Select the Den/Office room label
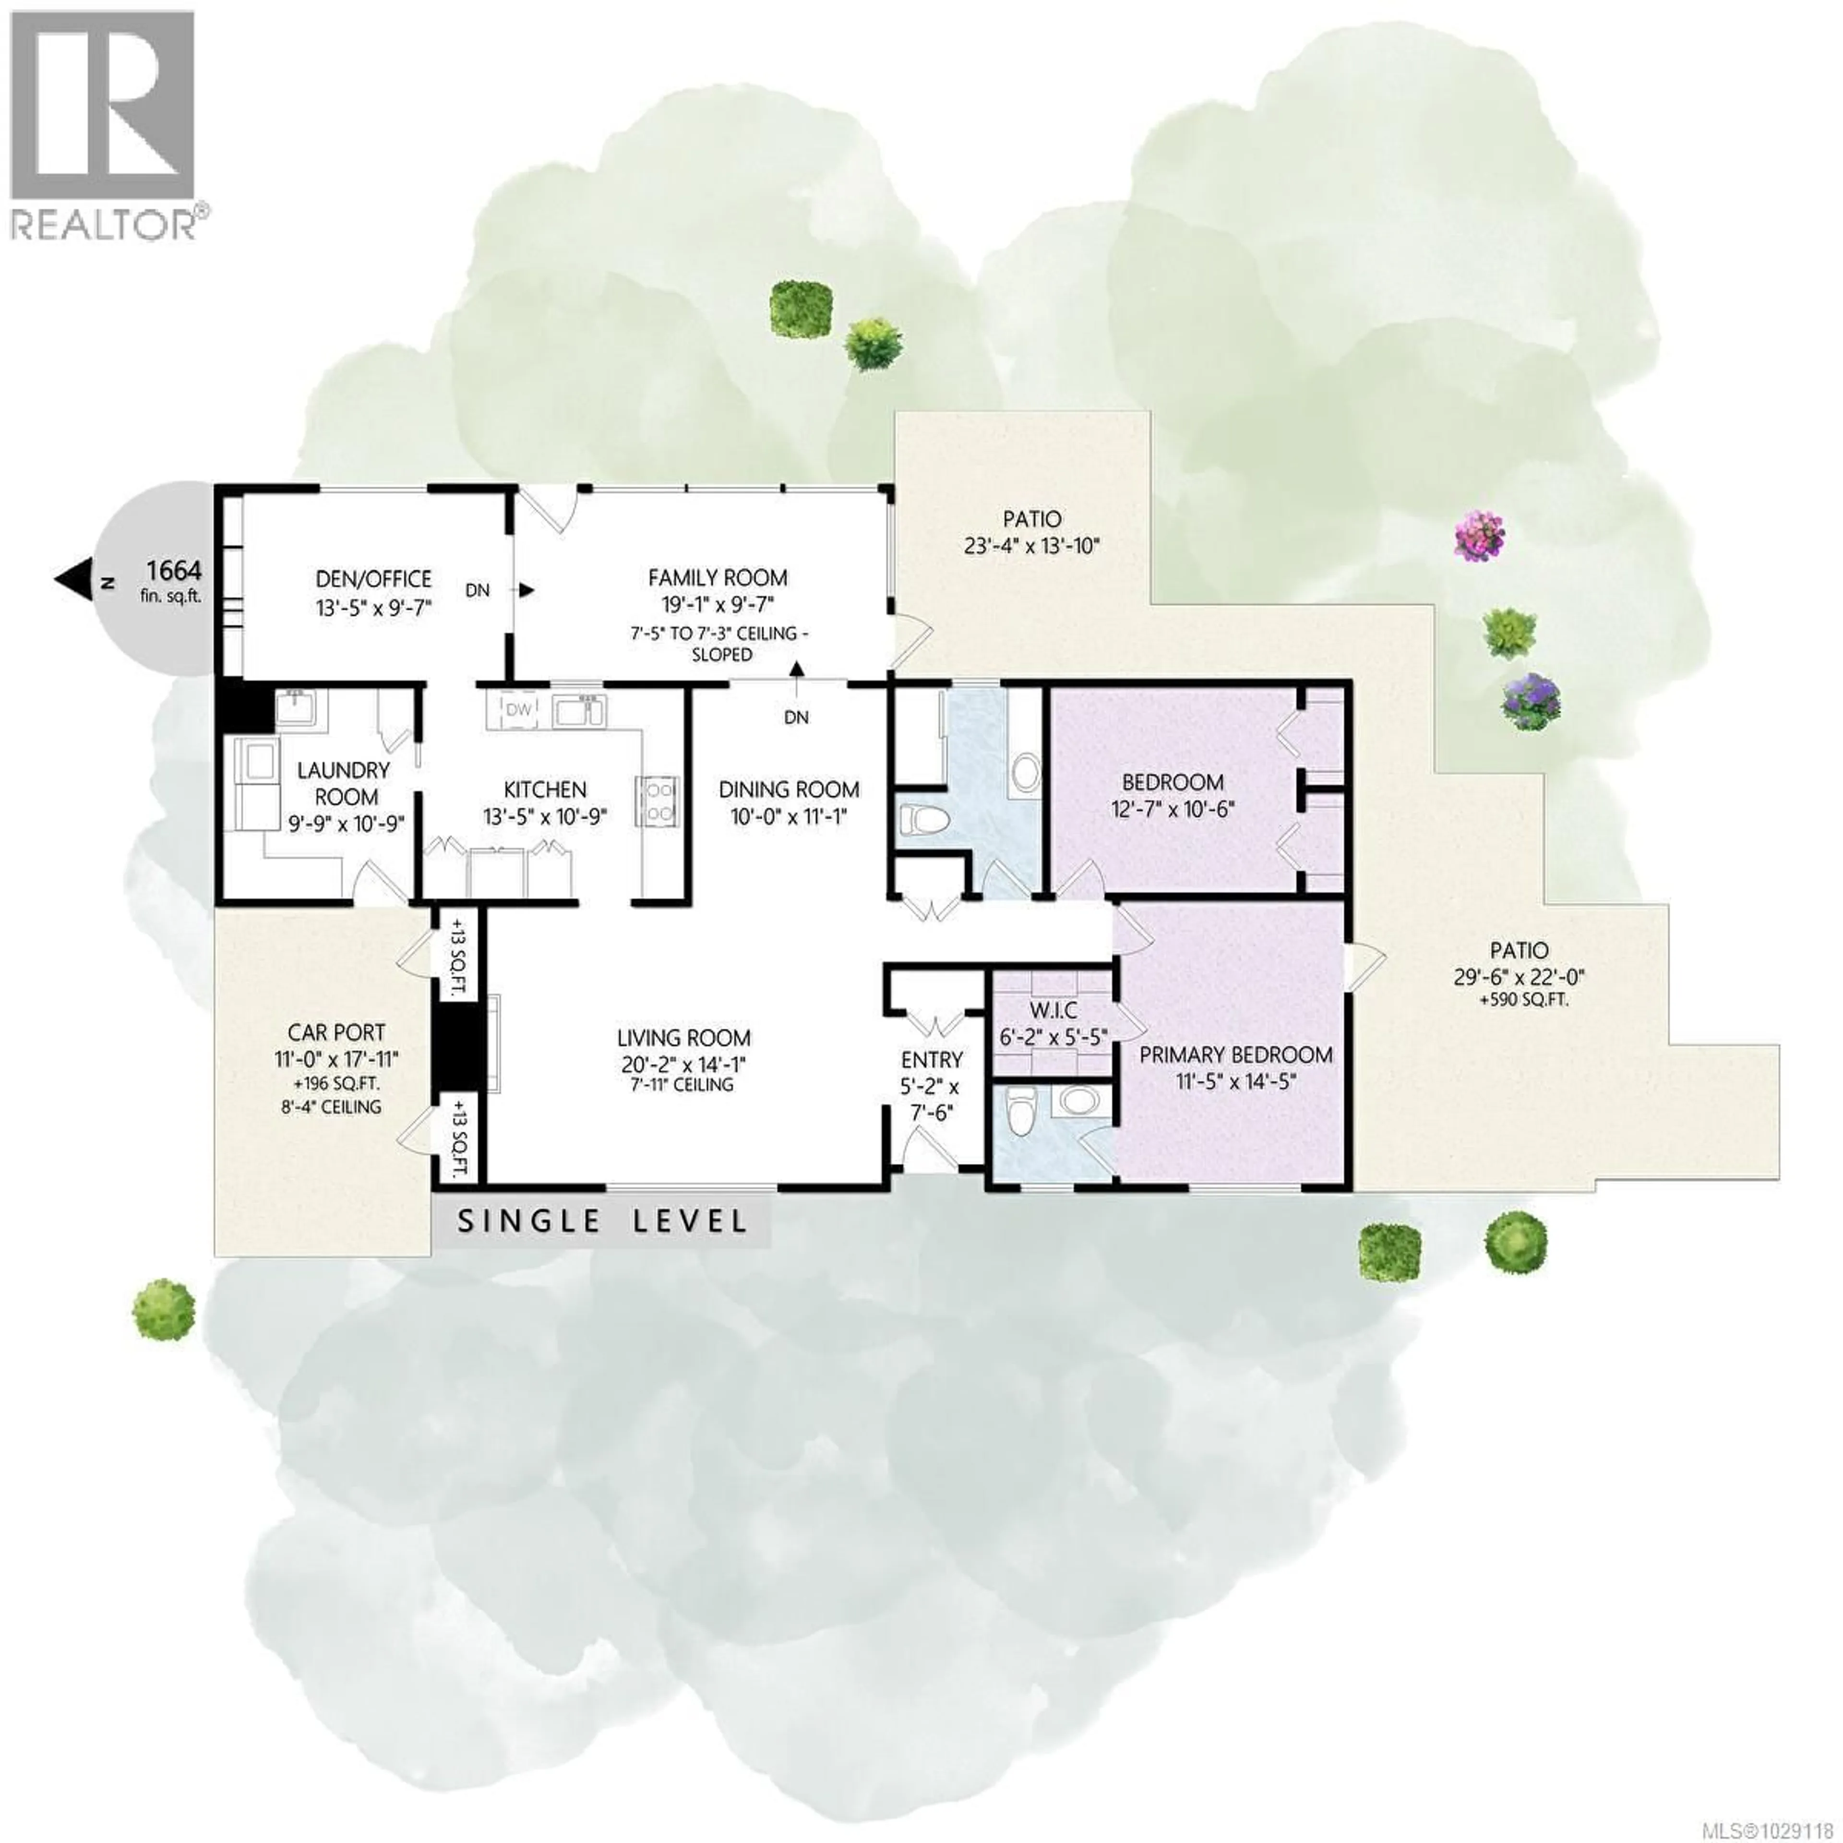(x=373, y=579)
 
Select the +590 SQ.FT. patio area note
(x=1520, y=1001)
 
